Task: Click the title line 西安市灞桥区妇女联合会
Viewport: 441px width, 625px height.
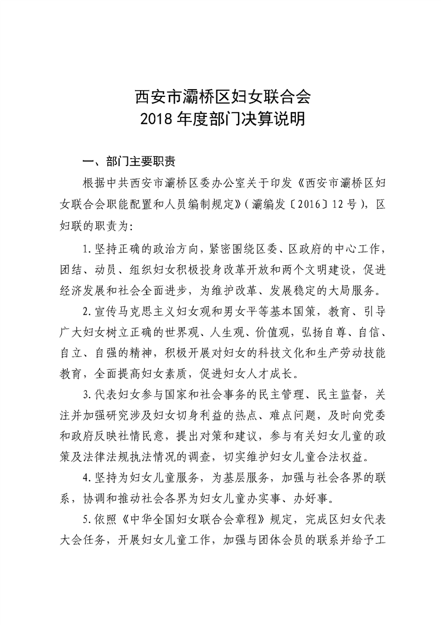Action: (221, 97)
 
